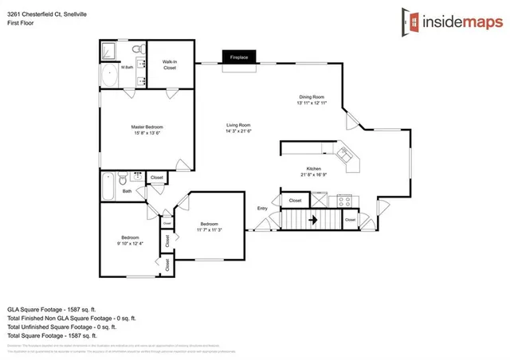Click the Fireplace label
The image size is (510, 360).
click(240, 58)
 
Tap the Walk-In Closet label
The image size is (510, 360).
click(170, 65)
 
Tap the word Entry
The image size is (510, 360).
click(262, 209)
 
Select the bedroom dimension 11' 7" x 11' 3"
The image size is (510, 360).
click(209, 229)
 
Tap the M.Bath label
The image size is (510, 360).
click(127, 67)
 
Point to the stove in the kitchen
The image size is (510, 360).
click(344, 200)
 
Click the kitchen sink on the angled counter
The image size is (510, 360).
click(346, 155)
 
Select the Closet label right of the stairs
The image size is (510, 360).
click(350, 219)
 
